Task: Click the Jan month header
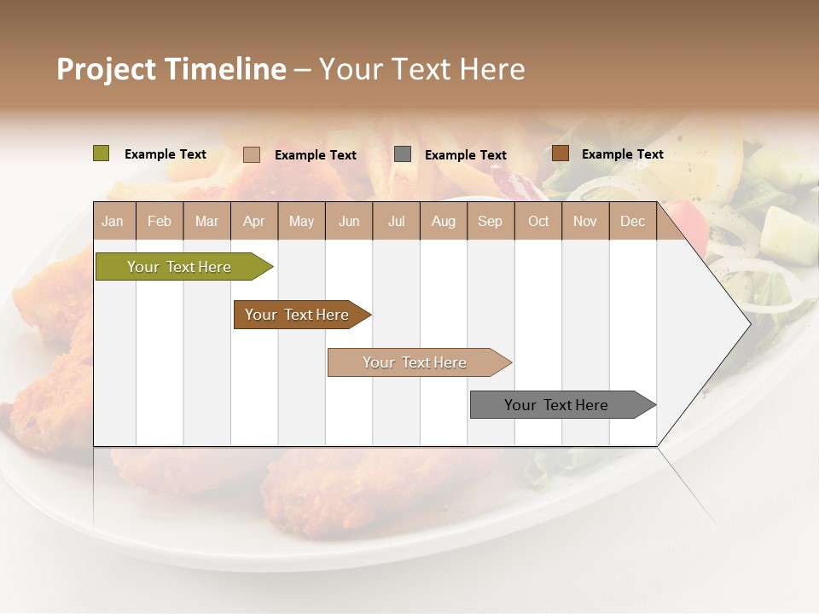113,221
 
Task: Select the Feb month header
160,221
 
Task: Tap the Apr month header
253,221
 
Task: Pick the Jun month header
349,221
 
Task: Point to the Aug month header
443,221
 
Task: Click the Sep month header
490,221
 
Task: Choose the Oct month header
538,221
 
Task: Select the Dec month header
632,221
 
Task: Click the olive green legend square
102,153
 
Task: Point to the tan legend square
252,154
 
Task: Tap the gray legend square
403,153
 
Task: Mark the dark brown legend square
560,153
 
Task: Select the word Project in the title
106,69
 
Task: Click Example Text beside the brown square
622,154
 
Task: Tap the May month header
301,221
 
